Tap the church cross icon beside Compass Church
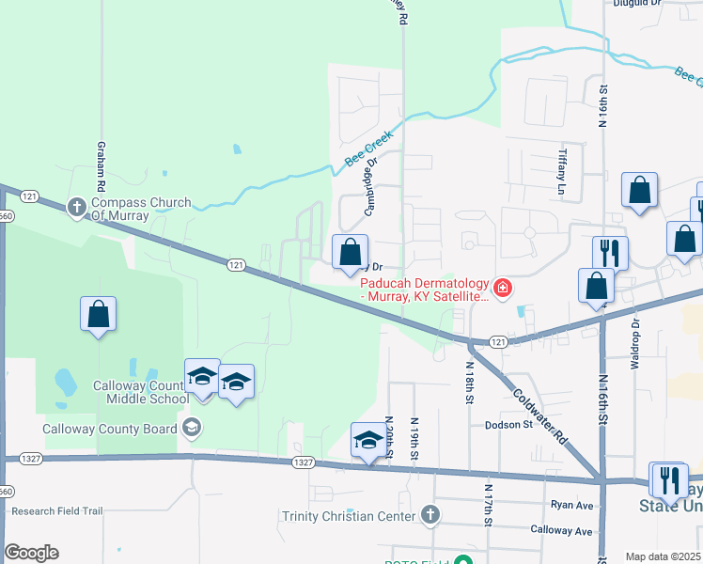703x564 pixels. [x=77, y=206]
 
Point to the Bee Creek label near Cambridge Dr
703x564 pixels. [x=367, y=149]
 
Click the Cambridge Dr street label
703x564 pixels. [x=371, y=185]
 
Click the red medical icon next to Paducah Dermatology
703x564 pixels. [x=504, y=288]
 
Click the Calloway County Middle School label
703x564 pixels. [x=141, y=392]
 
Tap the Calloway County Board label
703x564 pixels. [x=110, y=430]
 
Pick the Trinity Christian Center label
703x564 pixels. [x=348, y=516]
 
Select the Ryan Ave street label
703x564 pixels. [x=572, y=505]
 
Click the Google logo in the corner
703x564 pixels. [x=31, y=552]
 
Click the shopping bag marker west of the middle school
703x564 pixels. [x=99, y=315]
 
